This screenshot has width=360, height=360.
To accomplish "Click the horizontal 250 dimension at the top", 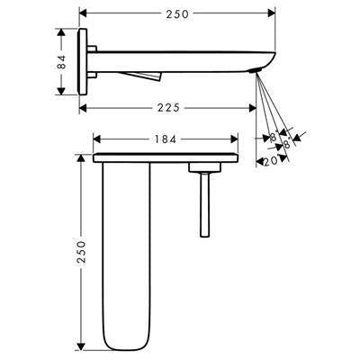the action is point(177,14).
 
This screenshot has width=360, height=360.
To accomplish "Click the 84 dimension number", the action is point(61,62).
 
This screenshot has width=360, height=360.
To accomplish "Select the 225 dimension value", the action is point(168,108).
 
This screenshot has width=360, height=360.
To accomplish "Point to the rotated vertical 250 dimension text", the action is point(81,252).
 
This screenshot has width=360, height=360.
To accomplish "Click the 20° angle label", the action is point(270,162).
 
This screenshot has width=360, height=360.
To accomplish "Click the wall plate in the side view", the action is point(82,62).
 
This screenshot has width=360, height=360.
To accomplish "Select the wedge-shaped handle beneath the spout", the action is point(141,76).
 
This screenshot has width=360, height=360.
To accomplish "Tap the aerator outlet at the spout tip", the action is point(255,71).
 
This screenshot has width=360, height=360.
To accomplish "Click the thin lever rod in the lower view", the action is point(205,205).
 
